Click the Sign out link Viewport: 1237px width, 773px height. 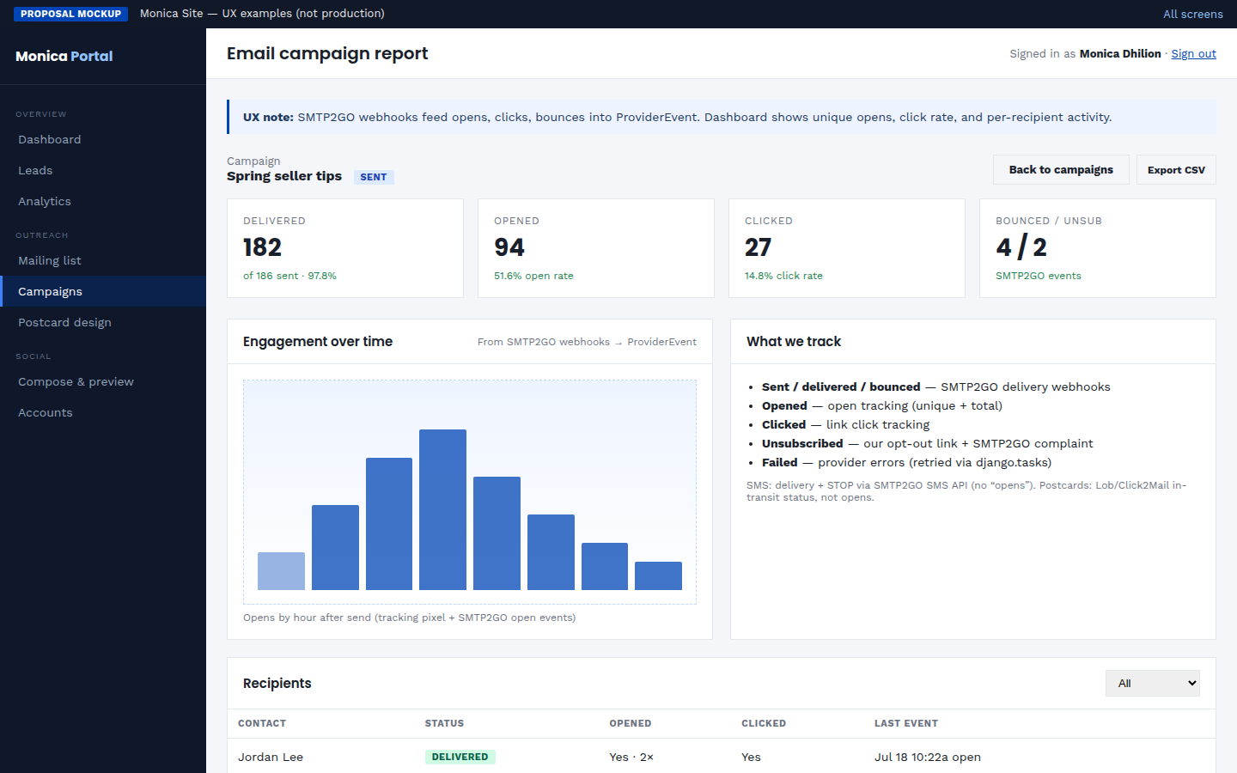click(x=1193, y=53)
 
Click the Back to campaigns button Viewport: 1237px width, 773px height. click(x=1061, y=169)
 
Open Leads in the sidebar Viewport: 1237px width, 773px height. click(x=35, y=170)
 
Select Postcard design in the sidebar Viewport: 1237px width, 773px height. click(x=64, y=322)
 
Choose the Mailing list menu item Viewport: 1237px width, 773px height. click(x=50, y=260)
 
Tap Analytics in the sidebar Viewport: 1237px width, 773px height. click(x=44, y=201)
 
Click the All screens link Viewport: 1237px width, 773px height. click(x=1193, y=14)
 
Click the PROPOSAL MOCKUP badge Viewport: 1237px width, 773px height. click(x=70, y=14)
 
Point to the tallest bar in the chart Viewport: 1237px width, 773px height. click(x=442, y=509)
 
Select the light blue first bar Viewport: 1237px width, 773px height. click(x=281, y=571)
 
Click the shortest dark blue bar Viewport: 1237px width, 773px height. click(x=658, y=575)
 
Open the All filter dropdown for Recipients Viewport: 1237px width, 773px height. click(x=1153, y=683)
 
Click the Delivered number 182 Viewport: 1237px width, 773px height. click(x=262, y=247)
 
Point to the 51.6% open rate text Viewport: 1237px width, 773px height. click(x=533, y=276)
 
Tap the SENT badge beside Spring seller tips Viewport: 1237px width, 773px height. click(x=374, y=177)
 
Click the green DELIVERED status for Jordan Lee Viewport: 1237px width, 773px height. click(x=460, y=757)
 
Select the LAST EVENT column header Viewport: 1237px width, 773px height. click(x=905, y=723)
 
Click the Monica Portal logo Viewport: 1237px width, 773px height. click(x=64, y=56)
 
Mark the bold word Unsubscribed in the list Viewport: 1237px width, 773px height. click(x=802, y=443)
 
